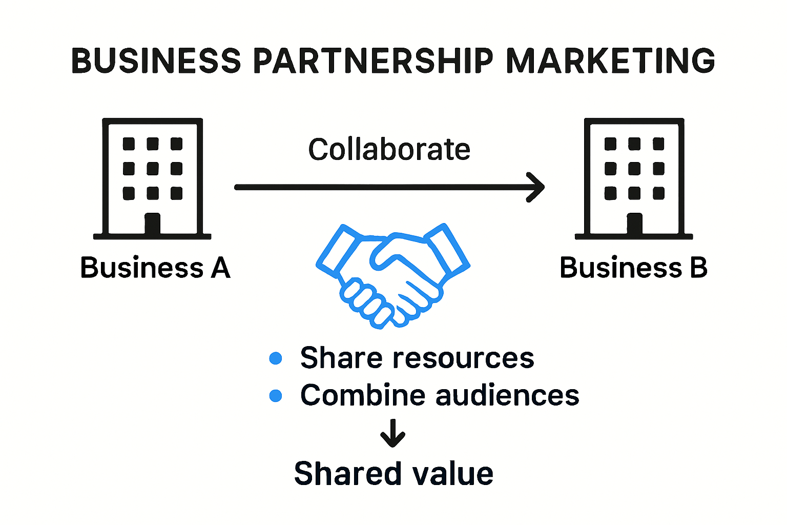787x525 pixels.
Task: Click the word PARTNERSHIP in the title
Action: (373, 60)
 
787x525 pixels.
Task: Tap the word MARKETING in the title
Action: (610, 60)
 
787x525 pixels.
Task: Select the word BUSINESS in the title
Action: (156, 60)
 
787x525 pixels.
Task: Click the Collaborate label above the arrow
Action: (389, 149)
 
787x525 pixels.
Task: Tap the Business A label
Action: (155, 268)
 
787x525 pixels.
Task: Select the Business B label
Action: (633, 268)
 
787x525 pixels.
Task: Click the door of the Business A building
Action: (152, 224)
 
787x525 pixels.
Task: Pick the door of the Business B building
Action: (634, 224)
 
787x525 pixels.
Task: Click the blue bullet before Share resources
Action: (276, 358)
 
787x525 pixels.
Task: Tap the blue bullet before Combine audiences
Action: (276, 396)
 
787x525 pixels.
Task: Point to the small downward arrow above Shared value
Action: (393, 433)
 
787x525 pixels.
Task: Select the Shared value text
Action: (393, 473)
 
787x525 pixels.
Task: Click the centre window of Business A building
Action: (153, 168)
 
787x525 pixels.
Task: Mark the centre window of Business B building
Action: (634, 168)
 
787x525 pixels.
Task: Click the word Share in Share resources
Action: (341, 358)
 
